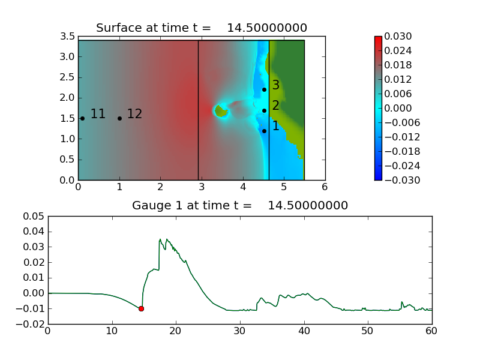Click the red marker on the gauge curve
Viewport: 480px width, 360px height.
[141, 308]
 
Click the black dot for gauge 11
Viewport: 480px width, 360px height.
[82, 118]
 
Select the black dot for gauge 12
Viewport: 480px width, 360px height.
[119, 118]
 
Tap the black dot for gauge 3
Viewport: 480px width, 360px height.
[264, 89]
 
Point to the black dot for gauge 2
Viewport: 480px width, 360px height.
[264, 110]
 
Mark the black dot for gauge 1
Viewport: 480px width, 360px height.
[264, 131]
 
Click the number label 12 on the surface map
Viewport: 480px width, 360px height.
[134, 114]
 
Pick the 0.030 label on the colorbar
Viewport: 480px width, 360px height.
[398, 36]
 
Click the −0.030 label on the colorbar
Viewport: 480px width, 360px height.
[402, 180]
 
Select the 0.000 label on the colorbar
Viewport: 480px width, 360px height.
[398, 108]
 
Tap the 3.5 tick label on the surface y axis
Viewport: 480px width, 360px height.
[67, 36]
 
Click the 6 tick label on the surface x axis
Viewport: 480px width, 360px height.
[325, 187]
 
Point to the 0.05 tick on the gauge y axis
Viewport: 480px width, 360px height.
[34, 216]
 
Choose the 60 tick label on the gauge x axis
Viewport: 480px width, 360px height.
[431, 331]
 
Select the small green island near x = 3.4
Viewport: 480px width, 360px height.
[221, 111]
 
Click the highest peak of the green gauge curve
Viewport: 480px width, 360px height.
[160, 239]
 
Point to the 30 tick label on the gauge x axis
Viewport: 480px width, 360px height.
[239, 331]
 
